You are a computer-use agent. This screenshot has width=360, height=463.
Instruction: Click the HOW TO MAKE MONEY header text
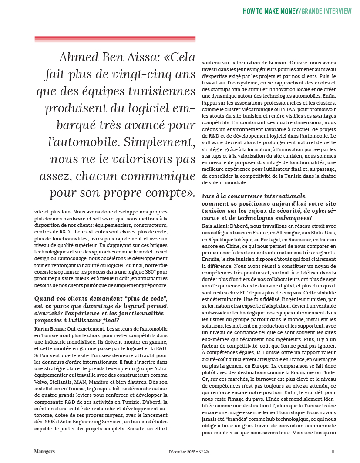[270, 11]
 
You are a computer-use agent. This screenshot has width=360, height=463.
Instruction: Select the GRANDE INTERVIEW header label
[326, 11]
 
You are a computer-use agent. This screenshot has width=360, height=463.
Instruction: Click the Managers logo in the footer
[44, 451]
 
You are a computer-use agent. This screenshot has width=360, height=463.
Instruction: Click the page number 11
[333, 452]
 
